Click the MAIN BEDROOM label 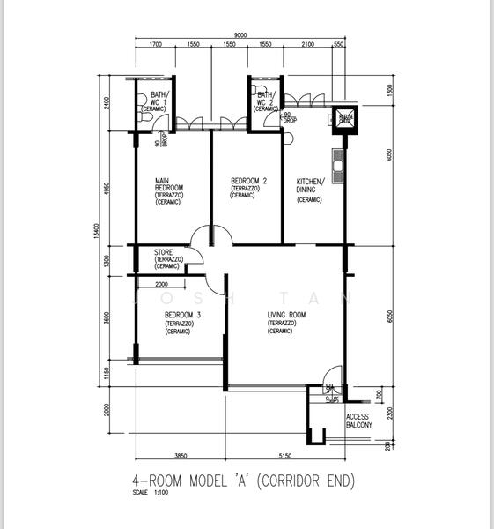(x=169, y=184)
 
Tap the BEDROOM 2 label (x=242, y=181)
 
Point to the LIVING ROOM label (x=286, y=316)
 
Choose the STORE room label (x=164, y=252)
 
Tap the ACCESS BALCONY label (x=359, y=421)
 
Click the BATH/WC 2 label (x=266, y=98)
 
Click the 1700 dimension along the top (x=155, y=44)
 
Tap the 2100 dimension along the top (x=308, y=44)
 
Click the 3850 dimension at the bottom (x=180, y=456)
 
